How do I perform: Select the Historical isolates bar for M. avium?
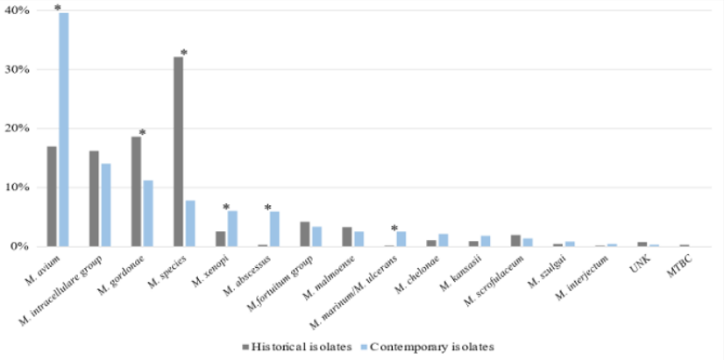52,196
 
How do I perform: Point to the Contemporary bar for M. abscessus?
274,229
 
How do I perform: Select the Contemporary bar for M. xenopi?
232,229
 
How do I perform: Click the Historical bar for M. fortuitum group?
304,234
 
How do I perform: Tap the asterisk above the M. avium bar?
58,8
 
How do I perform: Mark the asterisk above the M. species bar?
184,53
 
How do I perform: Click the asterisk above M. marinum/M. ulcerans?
394,226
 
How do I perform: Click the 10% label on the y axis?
18,187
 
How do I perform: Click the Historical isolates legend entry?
291,346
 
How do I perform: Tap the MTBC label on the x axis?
680,263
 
